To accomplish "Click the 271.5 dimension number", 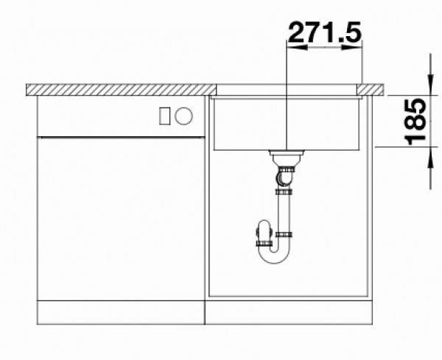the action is point(325,32).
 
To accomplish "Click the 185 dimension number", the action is point(415,121).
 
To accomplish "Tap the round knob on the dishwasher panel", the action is point(183,116).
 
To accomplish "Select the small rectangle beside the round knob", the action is point(164,116).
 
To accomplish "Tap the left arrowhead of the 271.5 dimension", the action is point(297,47).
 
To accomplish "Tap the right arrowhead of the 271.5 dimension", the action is point(351,47).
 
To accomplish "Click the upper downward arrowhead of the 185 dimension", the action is point(430,85).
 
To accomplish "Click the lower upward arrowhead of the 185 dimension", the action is point(430,158).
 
